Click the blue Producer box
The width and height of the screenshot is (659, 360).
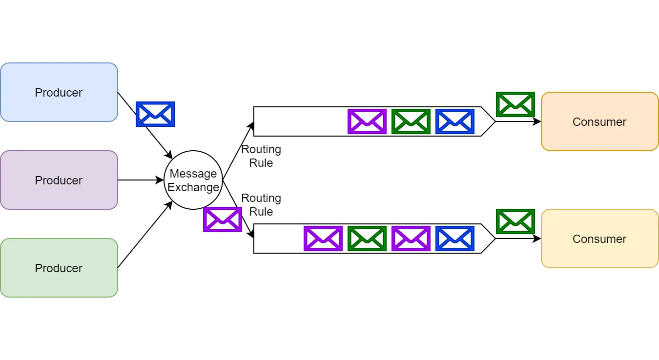pyautogui.click(x=59, y=92)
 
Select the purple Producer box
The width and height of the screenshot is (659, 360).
pyautogui.click(x=59, y=180)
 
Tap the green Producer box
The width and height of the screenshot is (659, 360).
pyautogui.click(x=59, y=268)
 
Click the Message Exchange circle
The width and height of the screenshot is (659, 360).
pyautogui.click(x=193, y=180)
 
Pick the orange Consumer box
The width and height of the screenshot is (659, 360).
pyautogui.click(x=599, y=121)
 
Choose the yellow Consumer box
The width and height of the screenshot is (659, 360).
pyautogui.click(x=599, y=239)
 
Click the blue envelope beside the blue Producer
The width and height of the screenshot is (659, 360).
pyautogui.click(x=155, y=114)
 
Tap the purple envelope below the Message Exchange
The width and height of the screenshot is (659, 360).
pyautogui.click(x=223, y=220)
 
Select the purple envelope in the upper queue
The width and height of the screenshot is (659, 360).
pyautogui.click(x=367, y=121)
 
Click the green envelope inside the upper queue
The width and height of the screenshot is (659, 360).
pyautogui.click(x=411, y=121)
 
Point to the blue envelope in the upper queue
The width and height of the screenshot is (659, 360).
pyautogui.click(x=455, y=121)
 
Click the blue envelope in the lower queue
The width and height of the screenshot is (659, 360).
pyautogui.click(x=455, y=239)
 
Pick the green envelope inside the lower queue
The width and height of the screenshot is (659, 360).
pyautogui.click(x=367, y=239)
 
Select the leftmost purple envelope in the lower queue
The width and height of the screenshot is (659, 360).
pyautogui.click(x=323, y=239)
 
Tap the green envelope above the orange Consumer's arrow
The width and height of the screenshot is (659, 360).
pyautogui.click(x=515, y=104)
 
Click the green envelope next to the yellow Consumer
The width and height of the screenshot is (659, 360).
pyautogui.click(x=515, y=221)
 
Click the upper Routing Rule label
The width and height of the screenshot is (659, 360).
pyautogui.click(x=261, y=156)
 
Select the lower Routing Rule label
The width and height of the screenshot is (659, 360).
pyautogui.click(x=261, y=205)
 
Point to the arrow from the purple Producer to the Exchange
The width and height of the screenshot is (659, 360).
pyautogui.click(x=141, y=180)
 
